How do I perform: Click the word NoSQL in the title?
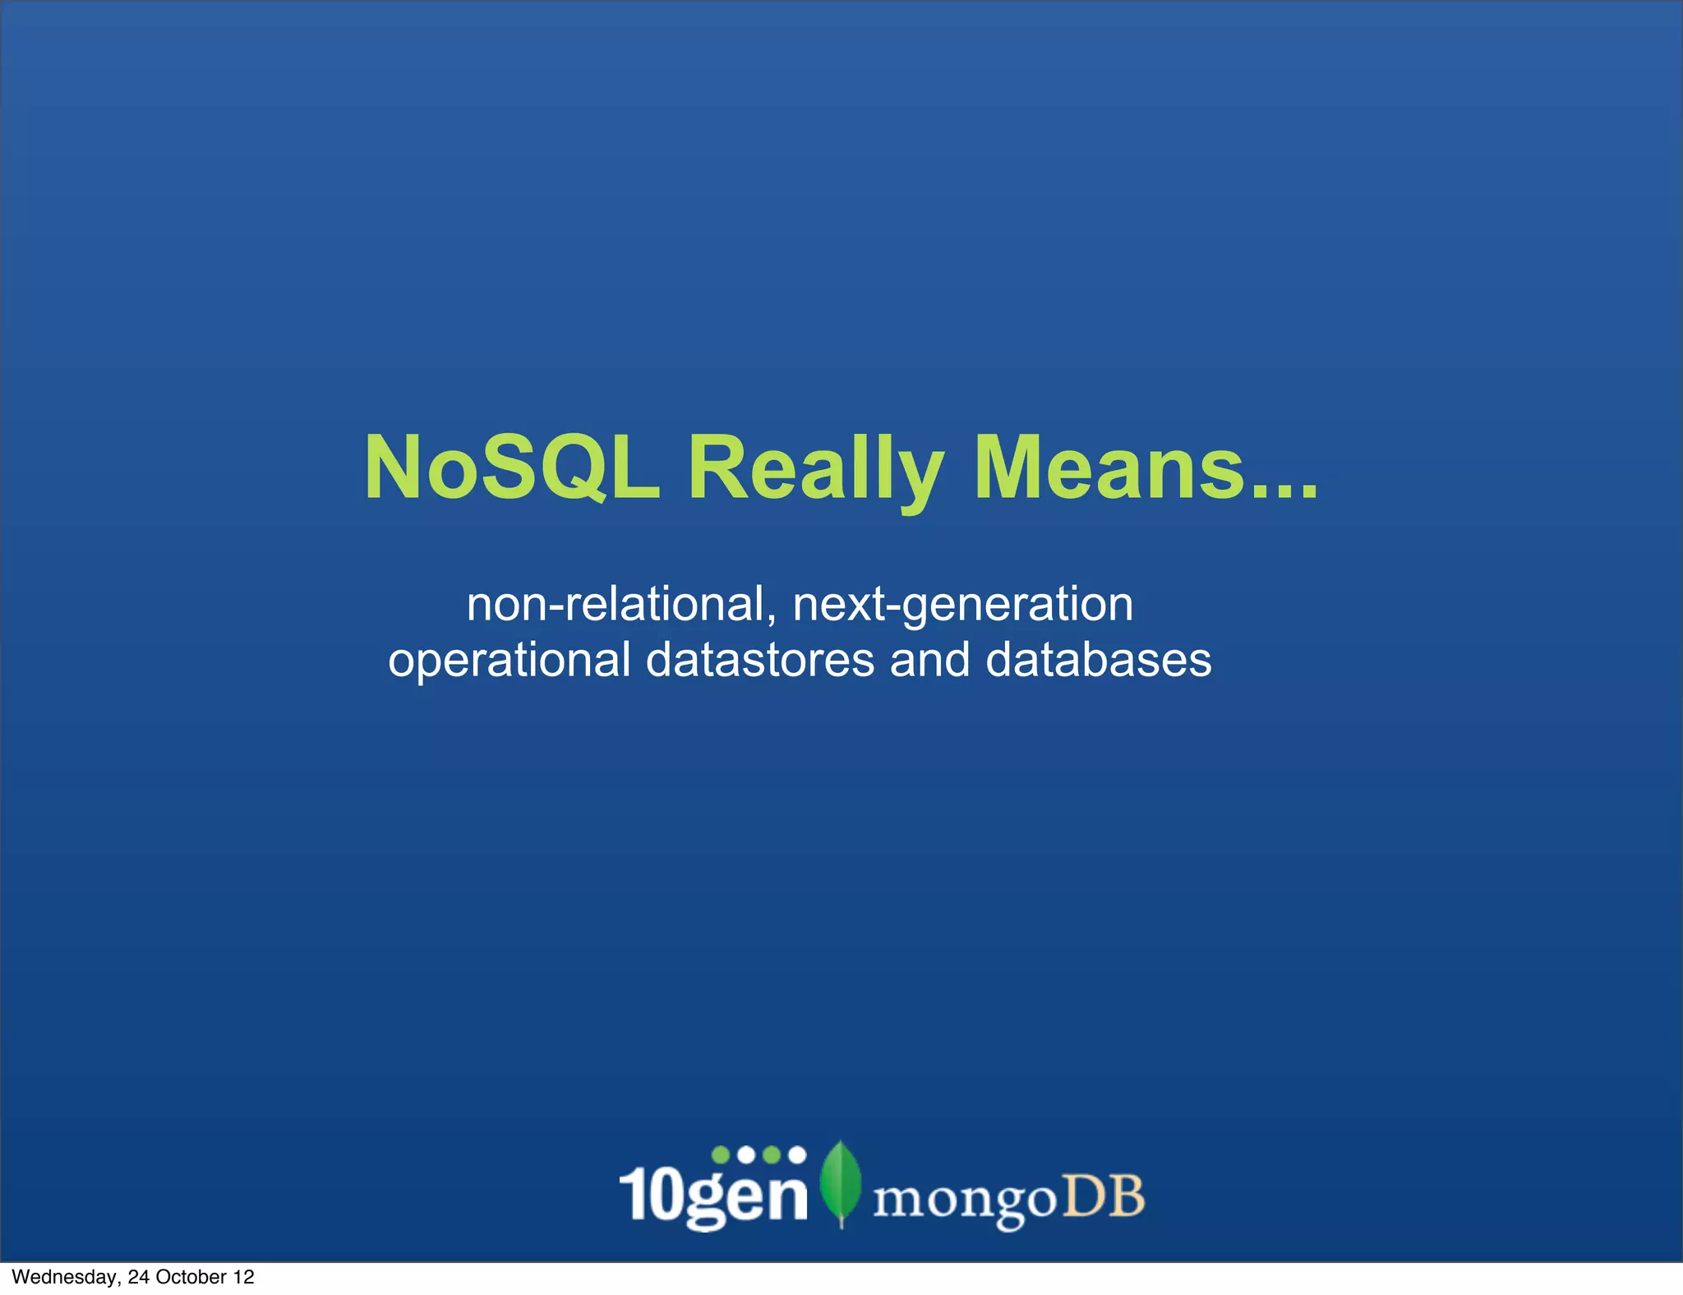512,468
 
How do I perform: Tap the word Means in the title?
1109,468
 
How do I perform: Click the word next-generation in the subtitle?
963,605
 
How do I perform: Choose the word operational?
510,660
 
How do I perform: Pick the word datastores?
760,660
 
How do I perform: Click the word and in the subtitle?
930,660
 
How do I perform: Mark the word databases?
1098,660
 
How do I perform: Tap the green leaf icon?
841,1182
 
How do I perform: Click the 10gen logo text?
713,1196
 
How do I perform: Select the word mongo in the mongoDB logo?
964,1199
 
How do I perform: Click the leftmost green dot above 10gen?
721,1154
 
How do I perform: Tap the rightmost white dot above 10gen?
796,1154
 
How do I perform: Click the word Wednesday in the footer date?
67,1277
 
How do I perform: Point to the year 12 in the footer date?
244,1277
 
